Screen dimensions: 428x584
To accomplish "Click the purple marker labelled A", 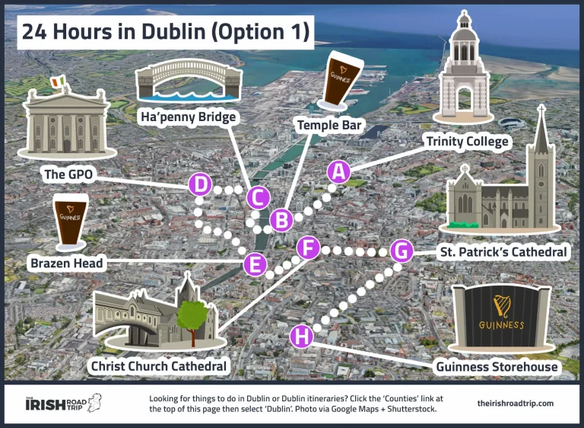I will (x=339, y=172).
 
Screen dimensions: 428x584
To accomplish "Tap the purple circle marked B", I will (x=281, y=220).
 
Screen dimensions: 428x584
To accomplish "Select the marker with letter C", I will (x=259, y=198).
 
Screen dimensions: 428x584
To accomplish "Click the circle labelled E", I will (x=255, y=265).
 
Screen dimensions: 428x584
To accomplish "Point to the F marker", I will (x=308, y=248).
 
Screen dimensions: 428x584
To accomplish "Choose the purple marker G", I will (x=401, y=251).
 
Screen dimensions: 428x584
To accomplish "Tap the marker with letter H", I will (x=302, y=335).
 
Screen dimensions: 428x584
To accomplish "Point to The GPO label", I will (x=68, y=175).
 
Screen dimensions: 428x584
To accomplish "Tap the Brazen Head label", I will (x=66, y=264).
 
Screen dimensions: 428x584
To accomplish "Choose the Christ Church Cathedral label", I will (x=158, y=366).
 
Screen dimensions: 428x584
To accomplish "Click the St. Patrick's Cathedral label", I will (x=503, y=251).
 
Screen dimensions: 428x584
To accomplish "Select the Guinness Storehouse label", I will (x=497, y=367).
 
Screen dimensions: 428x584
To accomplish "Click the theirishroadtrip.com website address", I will (x=515, y=404).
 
